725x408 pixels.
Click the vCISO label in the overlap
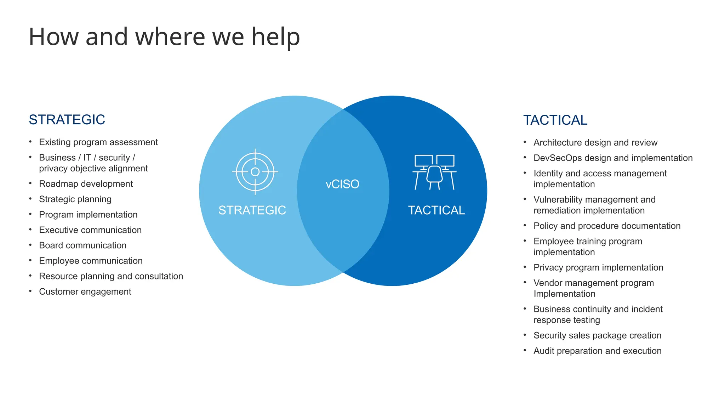pos(342,184)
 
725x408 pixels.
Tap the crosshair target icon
pos(255,172)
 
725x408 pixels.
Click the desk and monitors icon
pos(434,172)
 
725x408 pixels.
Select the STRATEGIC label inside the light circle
pos(252,210)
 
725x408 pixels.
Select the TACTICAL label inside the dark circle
pos(436,210)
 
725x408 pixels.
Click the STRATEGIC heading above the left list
pos(67,120)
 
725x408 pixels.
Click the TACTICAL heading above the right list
pos(555,120)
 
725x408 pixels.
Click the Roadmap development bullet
pos(86,184)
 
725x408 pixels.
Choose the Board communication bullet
pos(82,245)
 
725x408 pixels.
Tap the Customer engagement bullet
pos(85,291)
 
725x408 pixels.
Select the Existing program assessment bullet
pos(98,142)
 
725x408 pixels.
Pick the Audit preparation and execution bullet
pos(597,351)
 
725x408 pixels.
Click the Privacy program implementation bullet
pos(598,267)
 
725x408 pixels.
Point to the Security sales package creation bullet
pos(597,335)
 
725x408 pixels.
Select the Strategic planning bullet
pos(75,199)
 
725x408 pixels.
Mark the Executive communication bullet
pos(90,230)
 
